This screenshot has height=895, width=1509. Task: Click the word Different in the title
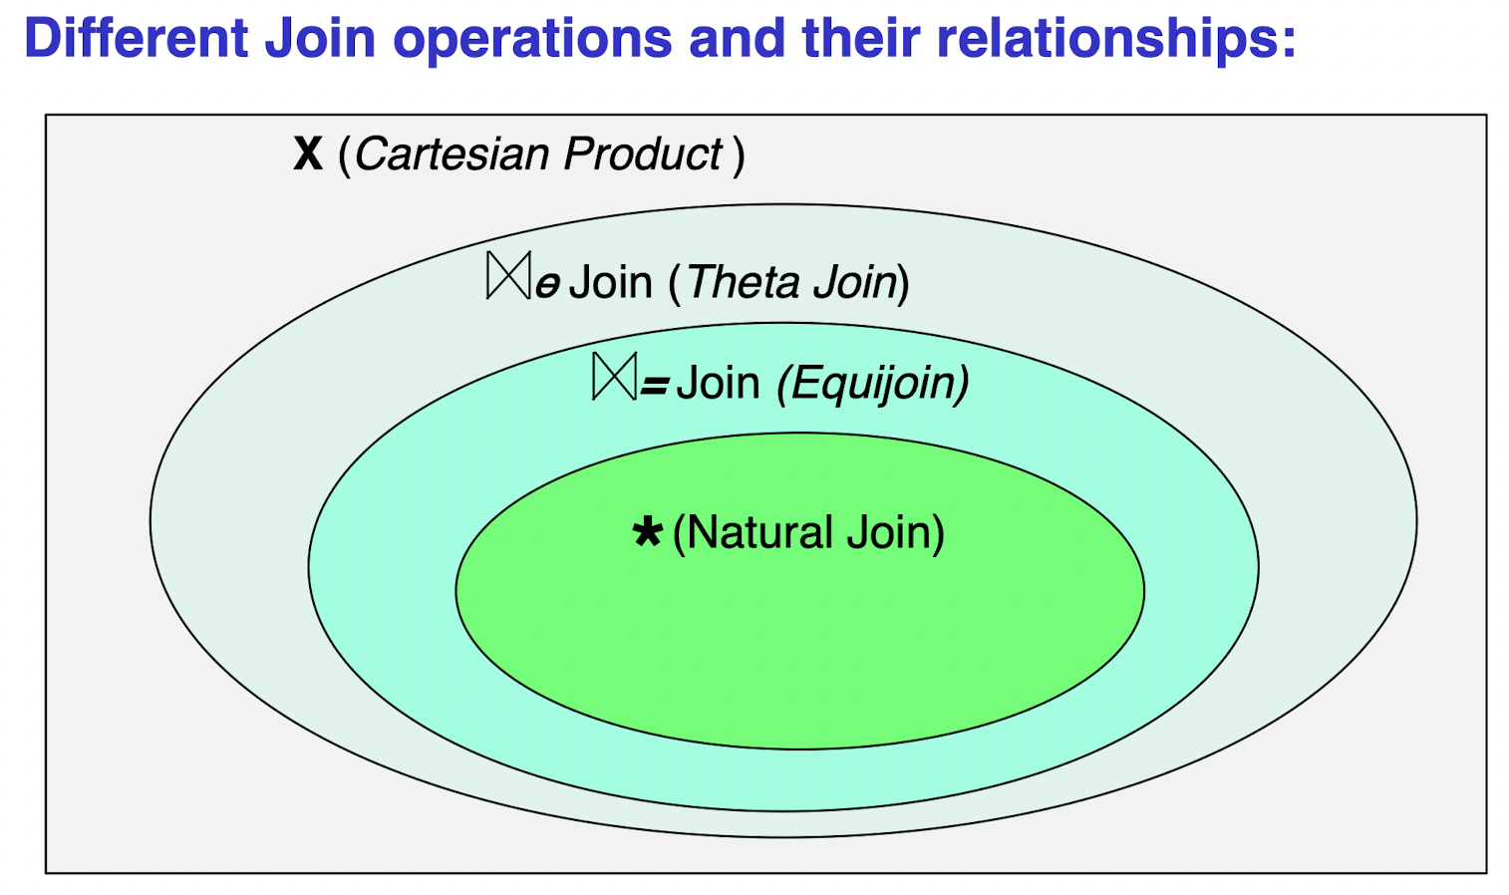coord(136,38)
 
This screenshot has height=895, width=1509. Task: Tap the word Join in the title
coord(320,38)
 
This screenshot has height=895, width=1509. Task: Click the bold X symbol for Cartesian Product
coord(308,154)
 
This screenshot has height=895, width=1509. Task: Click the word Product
coord(643,154)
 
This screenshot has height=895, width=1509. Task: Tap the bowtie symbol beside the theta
coord(508,276)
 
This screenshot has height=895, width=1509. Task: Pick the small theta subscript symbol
coord(547,287)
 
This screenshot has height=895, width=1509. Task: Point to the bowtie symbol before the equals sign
coord(614,377)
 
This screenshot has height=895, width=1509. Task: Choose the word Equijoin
coord(873,383)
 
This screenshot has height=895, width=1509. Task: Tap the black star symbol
coord(648,532)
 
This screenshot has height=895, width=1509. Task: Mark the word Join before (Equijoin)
coord(718,383)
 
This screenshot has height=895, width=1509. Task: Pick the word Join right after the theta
coord(610,282)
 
